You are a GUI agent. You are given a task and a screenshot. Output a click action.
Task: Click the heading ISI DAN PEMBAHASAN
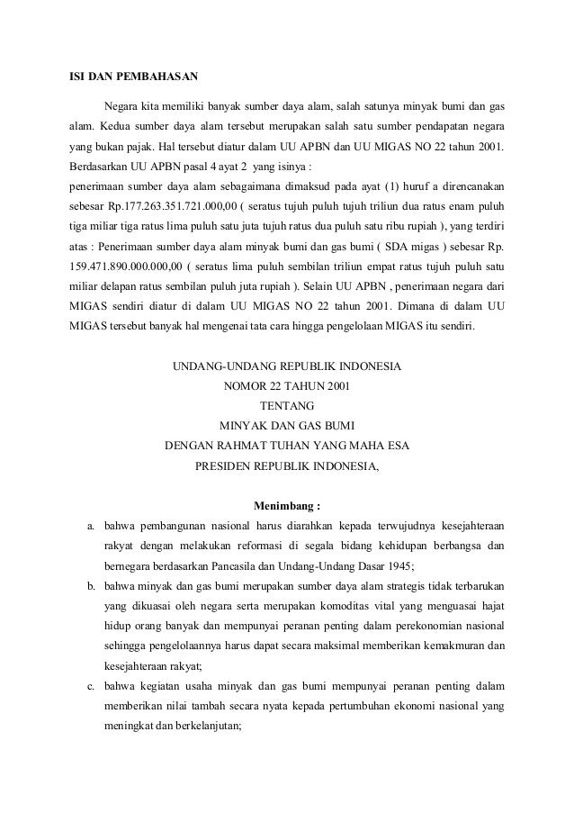click(133, 74)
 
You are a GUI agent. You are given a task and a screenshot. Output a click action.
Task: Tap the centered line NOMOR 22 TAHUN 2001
click(288, 387)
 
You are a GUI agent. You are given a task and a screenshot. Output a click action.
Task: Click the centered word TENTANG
click(288, 407)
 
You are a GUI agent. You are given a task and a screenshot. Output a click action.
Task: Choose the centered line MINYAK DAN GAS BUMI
click(288, 427)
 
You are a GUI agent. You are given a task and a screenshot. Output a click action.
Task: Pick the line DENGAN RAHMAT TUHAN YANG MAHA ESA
click(288, 447)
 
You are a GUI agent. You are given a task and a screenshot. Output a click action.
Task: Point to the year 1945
click(396, 565)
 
